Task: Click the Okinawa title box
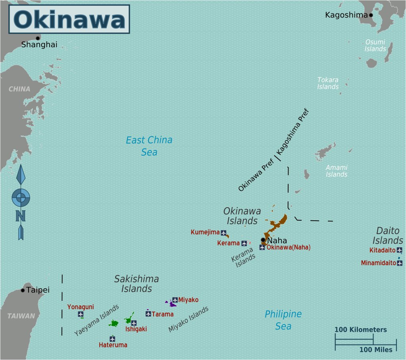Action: coord(69,19)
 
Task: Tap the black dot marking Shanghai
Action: coord(38,38)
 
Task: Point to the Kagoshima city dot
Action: coord(371,15)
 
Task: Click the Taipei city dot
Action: coord(23,290)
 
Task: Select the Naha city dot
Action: coord(263,240)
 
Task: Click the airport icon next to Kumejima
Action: coord(223,233)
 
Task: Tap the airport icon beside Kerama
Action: coord(244,243)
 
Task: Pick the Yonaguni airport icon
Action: coord(81,314)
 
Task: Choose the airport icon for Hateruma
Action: coord(112,339)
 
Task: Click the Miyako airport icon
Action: coord(175,300)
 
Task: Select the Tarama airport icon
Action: coord(148,314)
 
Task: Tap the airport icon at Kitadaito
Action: coord(399,250)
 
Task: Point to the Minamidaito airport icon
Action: coord(399,263)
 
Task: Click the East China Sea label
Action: coord(149,146)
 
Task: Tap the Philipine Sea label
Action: coord(283,320)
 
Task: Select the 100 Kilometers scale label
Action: coord(360,329)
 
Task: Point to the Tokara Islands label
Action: coord(328,83)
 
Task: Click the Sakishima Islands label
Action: coord(137,283)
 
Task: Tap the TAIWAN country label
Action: coord(21,316)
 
